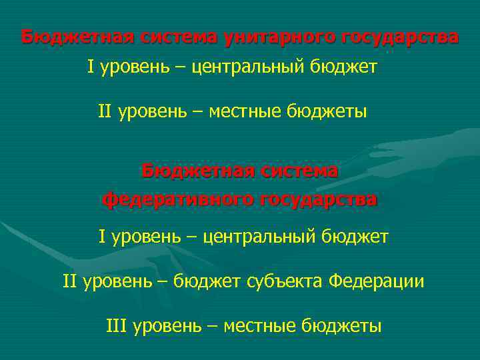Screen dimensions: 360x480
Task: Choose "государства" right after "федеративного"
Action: tap(317, 199)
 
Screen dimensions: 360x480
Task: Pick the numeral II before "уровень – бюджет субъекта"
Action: tap(70, 281)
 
